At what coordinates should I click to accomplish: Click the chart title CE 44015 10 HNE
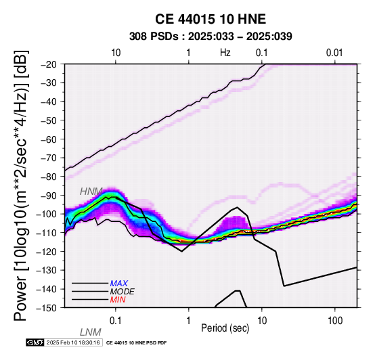[211, 19]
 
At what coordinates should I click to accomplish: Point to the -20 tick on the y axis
[49, 64]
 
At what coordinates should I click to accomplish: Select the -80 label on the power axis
[49, 177]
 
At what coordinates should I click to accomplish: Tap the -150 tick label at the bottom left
[47, 308]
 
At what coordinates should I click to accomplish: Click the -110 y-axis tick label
[47, 233]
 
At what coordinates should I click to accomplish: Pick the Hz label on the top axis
[225, 53]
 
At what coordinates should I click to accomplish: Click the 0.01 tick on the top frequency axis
[334, 53]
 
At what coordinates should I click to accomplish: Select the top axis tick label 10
[116, 53]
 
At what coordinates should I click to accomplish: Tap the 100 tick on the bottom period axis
[335, 321]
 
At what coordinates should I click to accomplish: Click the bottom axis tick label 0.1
[115, 321]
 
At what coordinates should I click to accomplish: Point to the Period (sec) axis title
[225, 328]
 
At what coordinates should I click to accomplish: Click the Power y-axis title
[21, 185]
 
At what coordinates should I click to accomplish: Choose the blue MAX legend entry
[119, 284]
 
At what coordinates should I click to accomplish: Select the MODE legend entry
[123, 292]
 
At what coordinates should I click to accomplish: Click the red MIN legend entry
[118, 300]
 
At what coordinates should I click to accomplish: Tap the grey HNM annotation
[91, 192]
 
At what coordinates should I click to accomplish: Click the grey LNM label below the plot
[91, 332]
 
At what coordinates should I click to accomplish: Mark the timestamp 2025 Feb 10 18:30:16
[73, 342]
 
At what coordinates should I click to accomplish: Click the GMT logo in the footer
[35, 342]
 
